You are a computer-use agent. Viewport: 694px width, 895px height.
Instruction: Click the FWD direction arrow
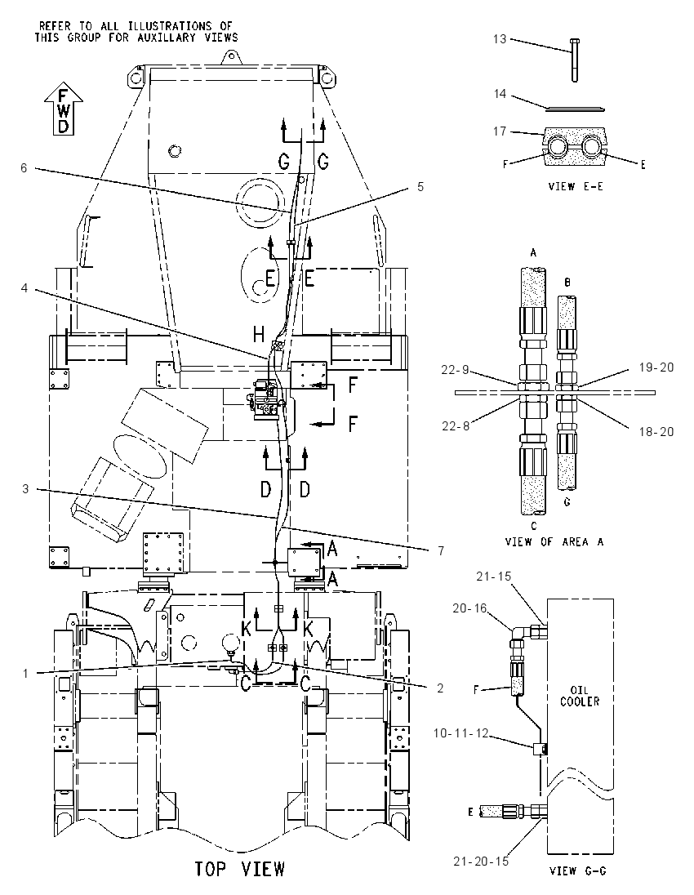click(x=64, y=109)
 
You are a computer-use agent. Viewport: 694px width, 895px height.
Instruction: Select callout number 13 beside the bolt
click(x=500, y=39)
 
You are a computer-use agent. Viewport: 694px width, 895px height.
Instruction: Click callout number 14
click(x=500, y=93)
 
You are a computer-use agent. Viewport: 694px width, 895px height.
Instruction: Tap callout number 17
click(x=500, y=131)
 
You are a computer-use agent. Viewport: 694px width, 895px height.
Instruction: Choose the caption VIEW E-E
click(x=576, y=187)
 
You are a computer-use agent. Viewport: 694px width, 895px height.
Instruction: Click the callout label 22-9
click(x=455, y=370)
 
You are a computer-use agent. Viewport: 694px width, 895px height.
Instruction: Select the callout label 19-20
click(x=656, y=367)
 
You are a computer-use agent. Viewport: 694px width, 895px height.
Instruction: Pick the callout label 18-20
click(x=656, y=432)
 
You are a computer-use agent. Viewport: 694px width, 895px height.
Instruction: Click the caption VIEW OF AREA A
click(x=554, y=541)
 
